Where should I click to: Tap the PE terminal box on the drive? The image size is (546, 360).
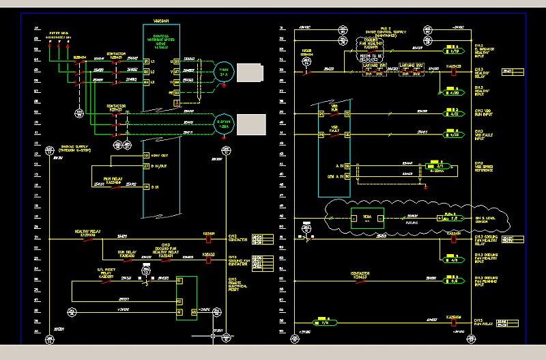click(177, 102)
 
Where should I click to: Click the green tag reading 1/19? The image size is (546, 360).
click(453, 51)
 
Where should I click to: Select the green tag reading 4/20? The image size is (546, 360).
click(452, 93)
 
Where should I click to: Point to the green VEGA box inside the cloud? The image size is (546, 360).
click(366, 218)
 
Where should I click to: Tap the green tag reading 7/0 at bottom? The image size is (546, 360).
click(324, 321)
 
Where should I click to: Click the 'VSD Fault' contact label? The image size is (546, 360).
click(335, 128)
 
